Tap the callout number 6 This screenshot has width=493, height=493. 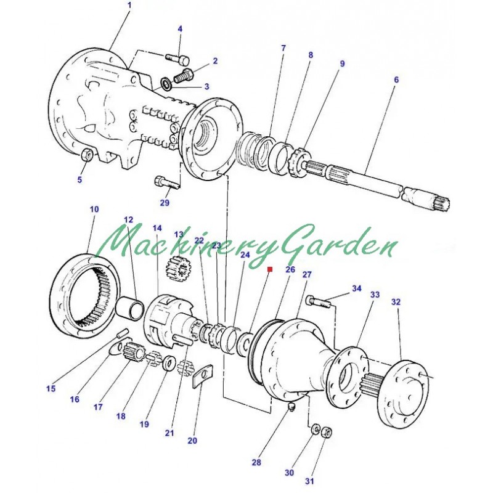(396, 80)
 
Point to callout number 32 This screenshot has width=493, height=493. (396, 303)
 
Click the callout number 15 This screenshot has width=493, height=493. (51, 388)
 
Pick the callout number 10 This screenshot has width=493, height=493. (94, 210)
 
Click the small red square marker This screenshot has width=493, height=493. (269, 269)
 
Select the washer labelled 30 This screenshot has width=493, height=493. (314, 428)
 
